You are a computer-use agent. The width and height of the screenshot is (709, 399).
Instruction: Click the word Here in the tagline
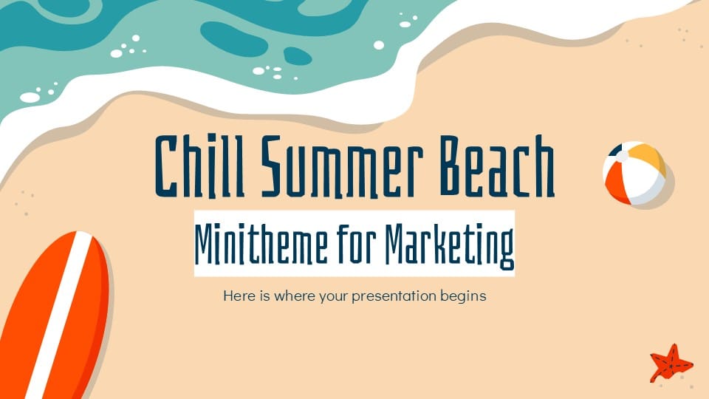[236, 296]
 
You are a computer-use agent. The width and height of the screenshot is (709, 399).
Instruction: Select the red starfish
[670, 364]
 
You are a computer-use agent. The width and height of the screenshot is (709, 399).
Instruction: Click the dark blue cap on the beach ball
[617, 153]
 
